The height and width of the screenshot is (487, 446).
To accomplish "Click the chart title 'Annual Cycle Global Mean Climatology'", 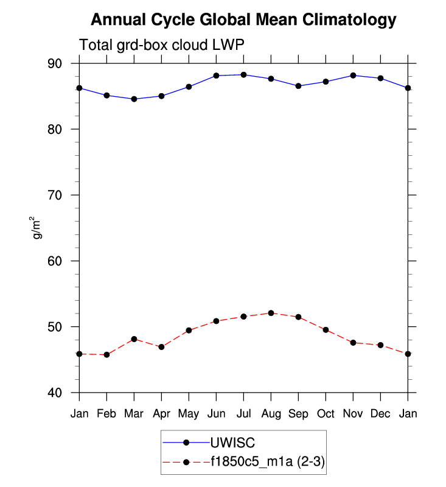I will (x=243, y=20).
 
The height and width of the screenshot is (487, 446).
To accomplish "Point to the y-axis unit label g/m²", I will (x=38, y=228).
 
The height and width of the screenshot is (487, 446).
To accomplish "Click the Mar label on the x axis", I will (x=134, y=413).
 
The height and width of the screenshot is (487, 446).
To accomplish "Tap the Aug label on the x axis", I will (x=271, y=413).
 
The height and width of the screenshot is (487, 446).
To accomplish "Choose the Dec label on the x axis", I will (x=380, y=413).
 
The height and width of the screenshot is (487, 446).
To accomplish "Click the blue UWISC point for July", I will (x=243, y=75).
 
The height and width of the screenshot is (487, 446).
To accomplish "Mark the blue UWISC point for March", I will (x=134, y=99).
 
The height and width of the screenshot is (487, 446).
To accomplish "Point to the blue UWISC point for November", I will (x=353, y=75).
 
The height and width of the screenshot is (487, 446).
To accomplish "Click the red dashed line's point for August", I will (x=271, y=313).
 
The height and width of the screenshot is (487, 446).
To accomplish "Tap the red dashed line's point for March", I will (x=134, y=339).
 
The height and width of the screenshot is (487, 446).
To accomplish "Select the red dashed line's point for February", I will (x=106, y=354).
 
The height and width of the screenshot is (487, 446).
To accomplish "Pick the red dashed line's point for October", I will (x=326, y=330).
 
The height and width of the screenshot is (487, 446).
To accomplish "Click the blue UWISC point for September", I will (x=298, y=86).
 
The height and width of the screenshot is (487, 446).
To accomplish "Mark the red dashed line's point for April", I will (x=161, y=347).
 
